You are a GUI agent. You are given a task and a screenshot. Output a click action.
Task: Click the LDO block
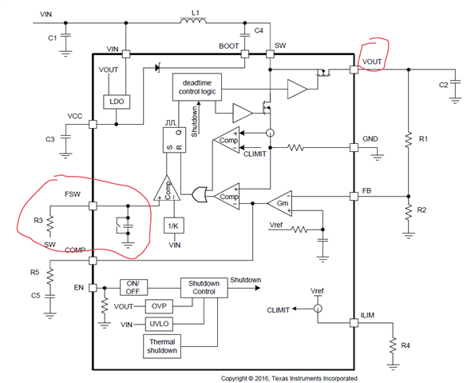click(117, 102)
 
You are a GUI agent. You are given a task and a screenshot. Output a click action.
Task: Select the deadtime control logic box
click(197, 87)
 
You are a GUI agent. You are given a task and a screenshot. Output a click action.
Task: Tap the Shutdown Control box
click(204, 288)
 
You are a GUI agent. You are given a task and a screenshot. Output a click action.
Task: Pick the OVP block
click(159, 306)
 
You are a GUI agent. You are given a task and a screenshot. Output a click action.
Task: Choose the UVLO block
click(159, 324)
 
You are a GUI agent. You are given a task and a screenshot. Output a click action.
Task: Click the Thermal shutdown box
click(162, 346)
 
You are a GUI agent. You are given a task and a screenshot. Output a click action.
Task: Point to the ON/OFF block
click(134, 287)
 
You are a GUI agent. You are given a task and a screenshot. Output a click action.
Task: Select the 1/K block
click(174, 225)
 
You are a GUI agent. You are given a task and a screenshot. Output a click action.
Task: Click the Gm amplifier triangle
click(280, 203)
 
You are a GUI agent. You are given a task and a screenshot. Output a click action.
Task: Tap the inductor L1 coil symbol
click(193, 21)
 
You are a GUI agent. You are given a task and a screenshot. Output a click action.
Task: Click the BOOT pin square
click(245, 54)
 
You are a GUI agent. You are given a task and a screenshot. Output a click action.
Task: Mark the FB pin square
click(354, 196)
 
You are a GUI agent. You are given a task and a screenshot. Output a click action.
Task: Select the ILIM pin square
click(354, 323)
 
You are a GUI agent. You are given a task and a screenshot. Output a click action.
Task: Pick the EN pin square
click(93, 288)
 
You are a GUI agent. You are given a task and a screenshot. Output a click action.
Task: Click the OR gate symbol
click(200, 194)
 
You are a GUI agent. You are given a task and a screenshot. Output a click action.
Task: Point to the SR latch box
click(174, 140)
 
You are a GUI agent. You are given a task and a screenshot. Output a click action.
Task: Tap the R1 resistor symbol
click(409, 139)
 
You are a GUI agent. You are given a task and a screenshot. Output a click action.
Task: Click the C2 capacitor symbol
click(455, 84)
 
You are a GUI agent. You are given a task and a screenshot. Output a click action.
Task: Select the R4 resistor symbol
click(393, 346)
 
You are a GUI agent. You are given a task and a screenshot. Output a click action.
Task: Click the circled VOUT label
click(372, 62)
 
